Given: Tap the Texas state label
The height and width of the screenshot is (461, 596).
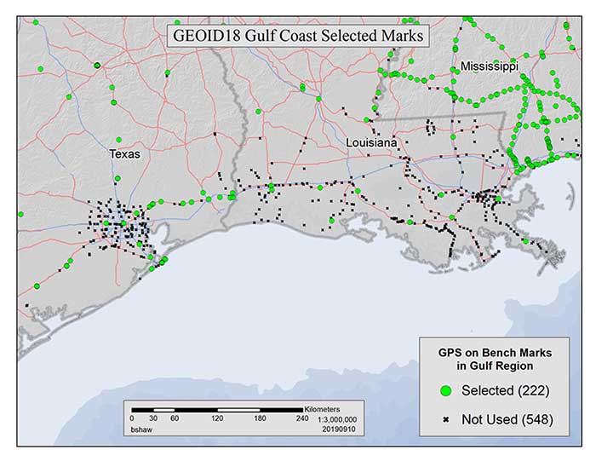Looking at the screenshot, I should point(124,155).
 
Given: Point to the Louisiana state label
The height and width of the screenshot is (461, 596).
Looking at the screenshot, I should point(371,143).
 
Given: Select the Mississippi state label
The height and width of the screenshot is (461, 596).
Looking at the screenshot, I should point(490,66).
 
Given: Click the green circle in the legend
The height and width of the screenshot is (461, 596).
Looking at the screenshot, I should point(444,390).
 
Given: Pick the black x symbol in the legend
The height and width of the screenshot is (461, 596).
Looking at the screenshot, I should point(444,419).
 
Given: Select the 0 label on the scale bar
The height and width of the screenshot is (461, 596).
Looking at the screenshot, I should point(132,419).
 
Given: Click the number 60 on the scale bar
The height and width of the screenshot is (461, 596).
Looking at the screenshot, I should point(175,419).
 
